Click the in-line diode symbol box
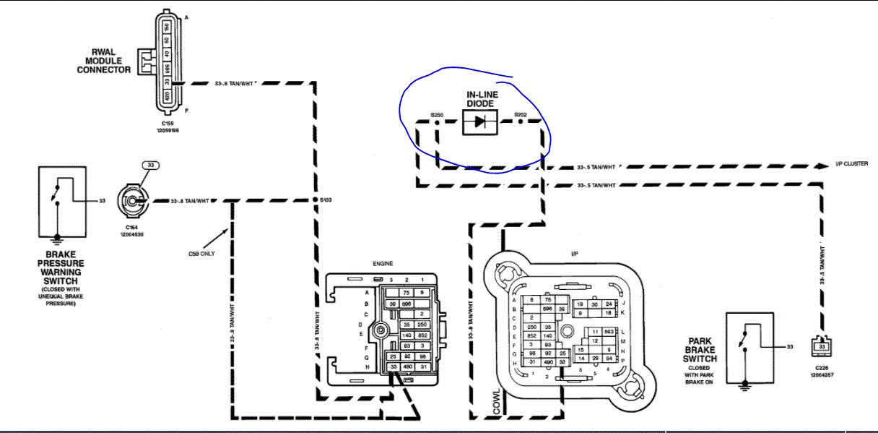[x=479, y=122]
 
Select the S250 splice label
[x=436, y=114]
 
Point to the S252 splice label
[x=521, y=114]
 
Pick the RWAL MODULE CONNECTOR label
[x=104, y=61]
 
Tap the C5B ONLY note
[x=201, y=254]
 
